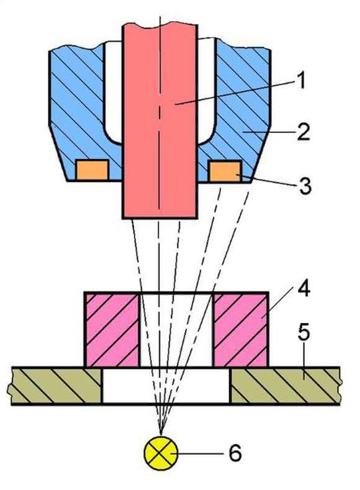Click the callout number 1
(300, 80)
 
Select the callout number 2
(303, 132)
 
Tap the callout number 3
(305, 186)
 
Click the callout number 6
(235, 453)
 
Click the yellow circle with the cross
(161, 453)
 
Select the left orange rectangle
(92, 170)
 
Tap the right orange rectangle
(225, 171)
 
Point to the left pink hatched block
(112, 329)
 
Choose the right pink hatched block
(240, 329)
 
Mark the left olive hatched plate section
(56, 386)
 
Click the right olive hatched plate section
(286, 386)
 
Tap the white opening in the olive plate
(166, 386)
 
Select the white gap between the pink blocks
(176, 329)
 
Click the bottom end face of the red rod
(160, 218)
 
